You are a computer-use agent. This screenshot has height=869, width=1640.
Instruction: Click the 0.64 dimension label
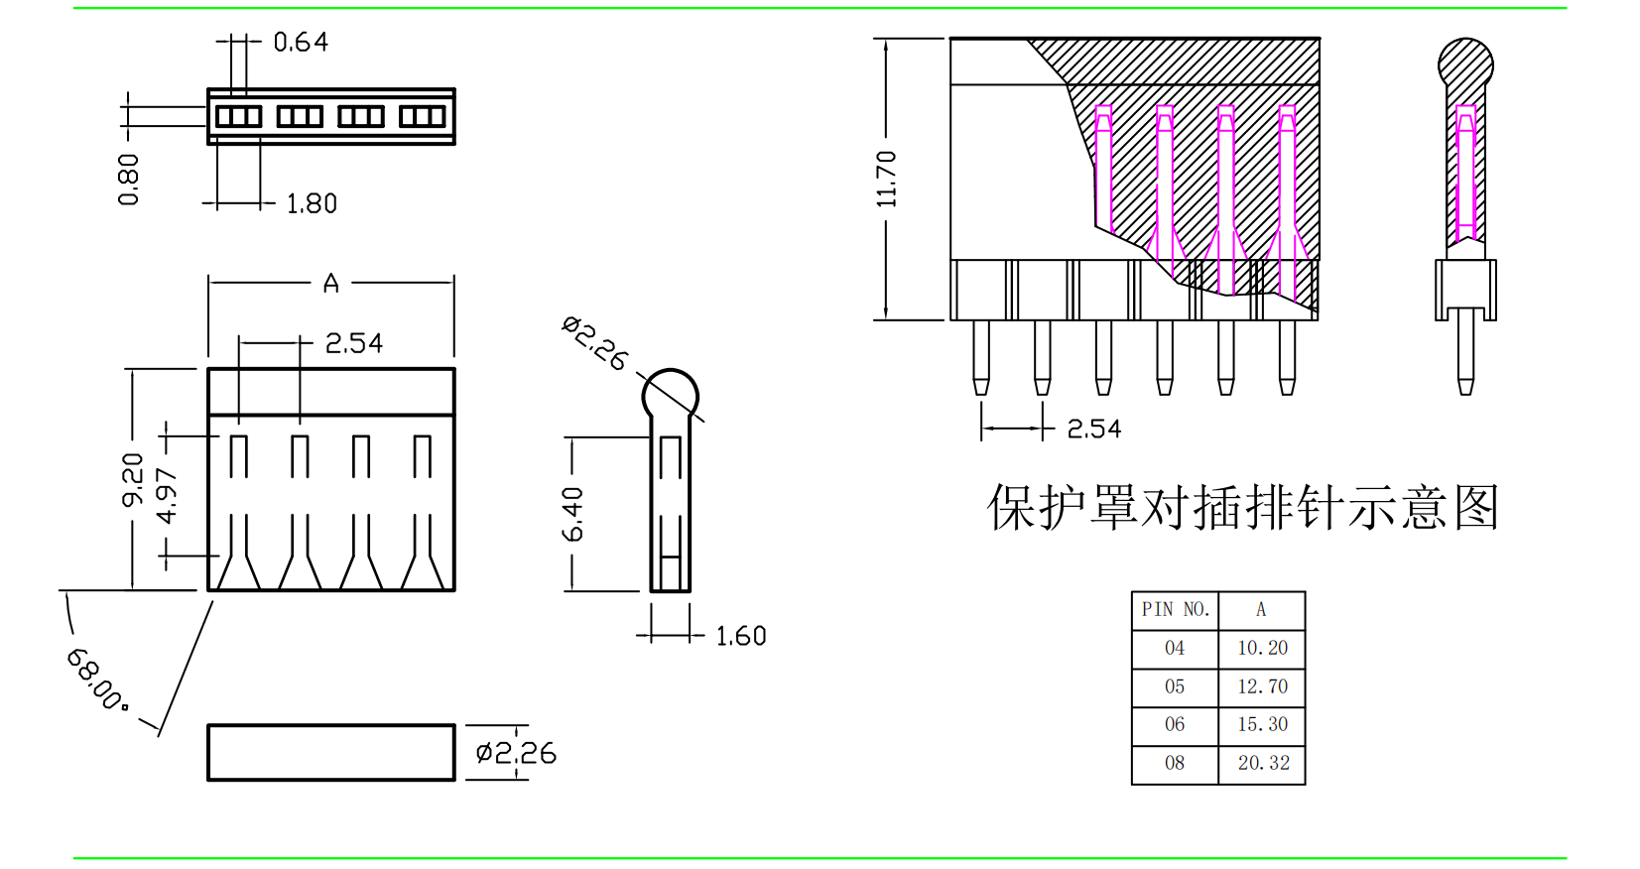point(301,43)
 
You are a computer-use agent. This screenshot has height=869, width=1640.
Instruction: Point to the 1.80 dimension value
point(312,203)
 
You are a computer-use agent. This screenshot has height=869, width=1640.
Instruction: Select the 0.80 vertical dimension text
point(129,180)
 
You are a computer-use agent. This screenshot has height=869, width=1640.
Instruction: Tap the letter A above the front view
point(331,283)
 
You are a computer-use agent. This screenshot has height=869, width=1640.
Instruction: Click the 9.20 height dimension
point(133,479)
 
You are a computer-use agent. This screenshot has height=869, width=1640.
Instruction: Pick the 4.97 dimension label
point(167,496)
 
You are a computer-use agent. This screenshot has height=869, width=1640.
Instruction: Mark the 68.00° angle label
point(97,680)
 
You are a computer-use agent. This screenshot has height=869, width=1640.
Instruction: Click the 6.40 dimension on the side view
point(572,515)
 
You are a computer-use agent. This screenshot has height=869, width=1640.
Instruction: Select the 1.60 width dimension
point(741,636)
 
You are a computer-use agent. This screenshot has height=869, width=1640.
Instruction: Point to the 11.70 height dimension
point(887,179)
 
